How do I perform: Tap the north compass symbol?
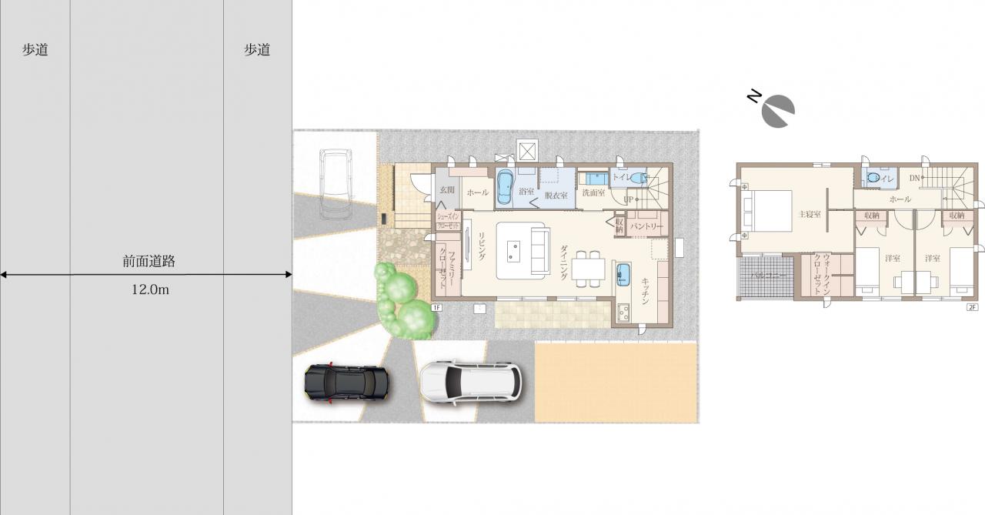(x=777, y=111)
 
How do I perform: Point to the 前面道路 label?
(x=149, y=261)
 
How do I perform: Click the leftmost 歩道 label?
(x=35, y=50)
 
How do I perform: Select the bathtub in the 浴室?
(x=506, y=187)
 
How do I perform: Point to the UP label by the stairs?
(x=628, y=199)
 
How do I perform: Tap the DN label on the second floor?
(x=914, y=179)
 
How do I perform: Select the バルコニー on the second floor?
(x=766, y=275)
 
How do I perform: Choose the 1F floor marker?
(x=436, y=307)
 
